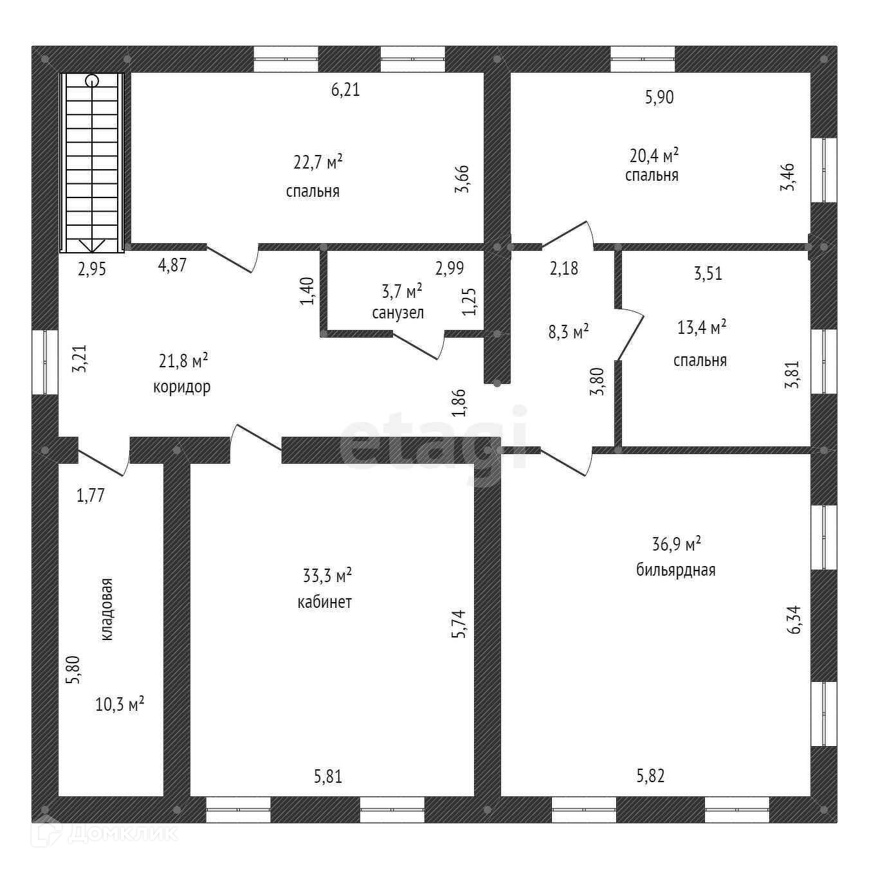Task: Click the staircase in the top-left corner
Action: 91,163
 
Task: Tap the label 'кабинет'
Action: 324,602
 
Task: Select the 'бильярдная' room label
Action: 675,570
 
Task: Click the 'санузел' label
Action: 398,313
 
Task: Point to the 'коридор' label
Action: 182,387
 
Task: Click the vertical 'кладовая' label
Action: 107,608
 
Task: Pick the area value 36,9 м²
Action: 677,544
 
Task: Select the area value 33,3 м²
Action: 327,575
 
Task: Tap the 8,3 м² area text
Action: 569,332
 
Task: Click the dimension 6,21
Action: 345,89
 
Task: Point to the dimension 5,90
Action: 659,97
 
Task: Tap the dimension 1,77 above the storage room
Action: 91,495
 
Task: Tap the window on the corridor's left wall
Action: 45,361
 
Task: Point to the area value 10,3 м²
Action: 120,704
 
